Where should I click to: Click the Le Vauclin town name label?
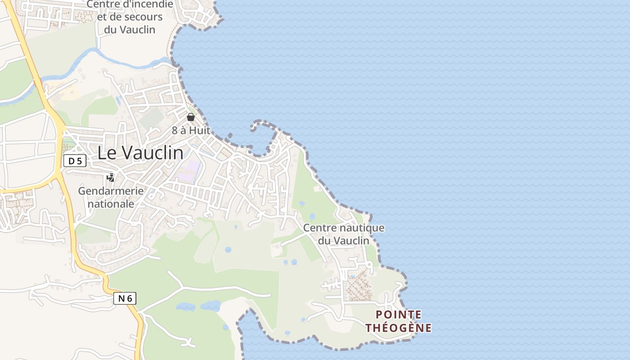(x=140, y=153)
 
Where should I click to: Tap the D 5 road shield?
(x=75, y=161)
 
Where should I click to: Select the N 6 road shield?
(x=125, y=298)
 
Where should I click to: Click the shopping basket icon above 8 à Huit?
(x=191, y=117)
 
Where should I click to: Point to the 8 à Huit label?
(x=191, y=130)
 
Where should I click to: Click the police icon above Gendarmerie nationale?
(x=110, y=178)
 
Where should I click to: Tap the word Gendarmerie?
(x=111, y=191)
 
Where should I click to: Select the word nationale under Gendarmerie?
(x=111, y=204)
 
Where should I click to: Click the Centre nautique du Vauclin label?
(x=344, y=234)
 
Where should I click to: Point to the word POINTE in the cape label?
(x=399, y=315)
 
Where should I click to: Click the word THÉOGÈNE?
(x=399, y=328)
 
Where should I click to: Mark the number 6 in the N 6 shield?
(x=130, y=298)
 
